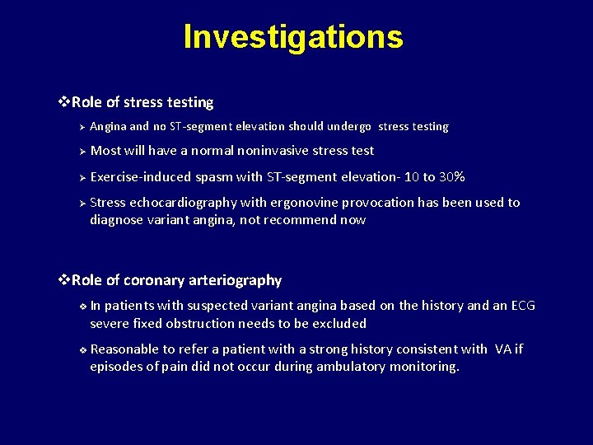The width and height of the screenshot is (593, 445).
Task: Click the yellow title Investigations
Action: coord(293,37)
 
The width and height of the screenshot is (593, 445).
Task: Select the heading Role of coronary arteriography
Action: coord(176,280)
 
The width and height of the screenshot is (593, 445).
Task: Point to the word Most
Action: coord(105,151)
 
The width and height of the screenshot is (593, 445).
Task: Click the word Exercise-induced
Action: coord(141,177)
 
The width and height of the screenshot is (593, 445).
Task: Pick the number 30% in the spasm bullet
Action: coord(452,177)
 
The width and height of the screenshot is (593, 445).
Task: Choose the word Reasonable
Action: coord(124,349)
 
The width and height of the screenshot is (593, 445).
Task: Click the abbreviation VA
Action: coord(504,349)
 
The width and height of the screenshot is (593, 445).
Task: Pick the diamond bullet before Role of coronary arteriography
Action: coord(65,280)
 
